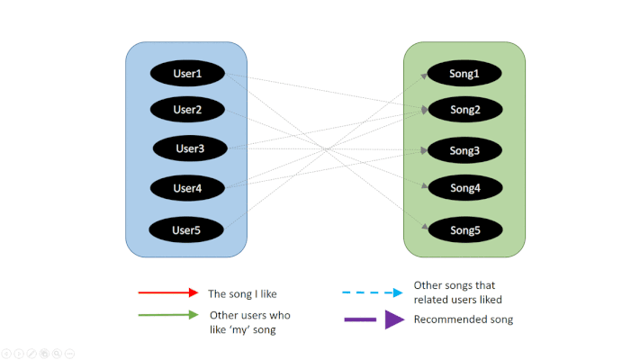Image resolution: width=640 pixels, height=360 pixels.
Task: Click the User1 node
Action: point(187,73)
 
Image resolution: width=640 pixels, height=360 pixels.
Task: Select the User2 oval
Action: point(187,110)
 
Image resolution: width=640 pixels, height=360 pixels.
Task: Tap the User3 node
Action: point(190,148)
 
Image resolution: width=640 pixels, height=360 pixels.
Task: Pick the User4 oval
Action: point(187,188)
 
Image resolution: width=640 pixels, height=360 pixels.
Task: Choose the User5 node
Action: point(186,229)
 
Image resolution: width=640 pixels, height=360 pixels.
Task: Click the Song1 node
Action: point(464,73)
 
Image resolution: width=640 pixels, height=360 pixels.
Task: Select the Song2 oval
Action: point(464,110)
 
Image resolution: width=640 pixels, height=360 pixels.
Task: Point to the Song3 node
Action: point(464,150)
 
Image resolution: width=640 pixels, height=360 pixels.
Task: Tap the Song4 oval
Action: point(464,188)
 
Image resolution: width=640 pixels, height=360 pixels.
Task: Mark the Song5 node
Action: point(464,229)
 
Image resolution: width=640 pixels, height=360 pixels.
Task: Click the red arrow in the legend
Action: point(168,292)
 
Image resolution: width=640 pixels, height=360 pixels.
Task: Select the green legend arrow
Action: point(168,315)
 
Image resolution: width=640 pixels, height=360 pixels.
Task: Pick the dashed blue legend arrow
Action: point(373,292)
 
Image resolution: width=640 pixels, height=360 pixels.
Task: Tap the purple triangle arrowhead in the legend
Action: point(394,319)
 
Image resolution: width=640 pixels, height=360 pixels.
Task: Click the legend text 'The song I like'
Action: point(242,294)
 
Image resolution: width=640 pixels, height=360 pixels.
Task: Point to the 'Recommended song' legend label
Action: point(464,319)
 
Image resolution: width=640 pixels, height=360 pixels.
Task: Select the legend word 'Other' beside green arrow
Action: point(223,315)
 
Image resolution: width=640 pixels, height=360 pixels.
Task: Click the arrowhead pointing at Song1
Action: point(424,76)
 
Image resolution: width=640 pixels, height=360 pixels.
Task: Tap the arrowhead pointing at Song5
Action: point(425,227)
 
